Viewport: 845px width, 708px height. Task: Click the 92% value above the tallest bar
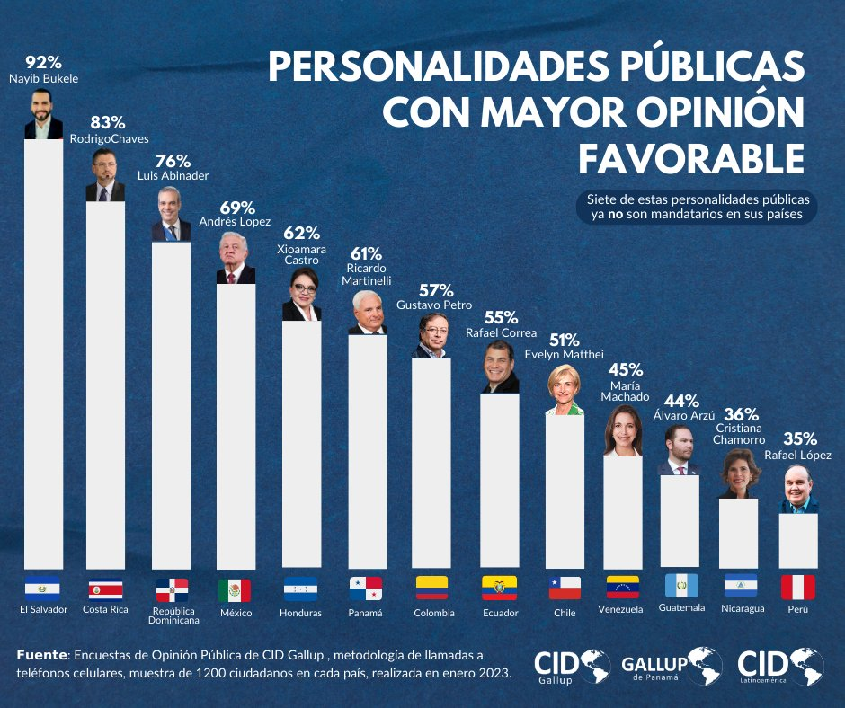[43, 63]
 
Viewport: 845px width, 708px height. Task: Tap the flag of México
[235, 590]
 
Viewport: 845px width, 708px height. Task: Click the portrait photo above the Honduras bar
[301, 296]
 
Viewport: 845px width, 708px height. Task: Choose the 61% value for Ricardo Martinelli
[366, 254]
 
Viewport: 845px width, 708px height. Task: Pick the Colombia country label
[433, 613]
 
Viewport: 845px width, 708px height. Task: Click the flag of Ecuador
[499, 589]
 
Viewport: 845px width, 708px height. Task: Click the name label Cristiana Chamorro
[739, 434]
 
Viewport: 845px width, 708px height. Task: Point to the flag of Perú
[797, 588]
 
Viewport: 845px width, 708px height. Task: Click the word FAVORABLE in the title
[690, 158]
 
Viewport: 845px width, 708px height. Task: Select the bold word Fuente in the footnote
[41, 657]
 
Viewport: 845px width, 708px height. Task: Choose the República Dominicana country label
[172, 615]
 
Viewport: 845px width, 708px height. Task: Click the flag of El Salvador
[43, 589]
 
